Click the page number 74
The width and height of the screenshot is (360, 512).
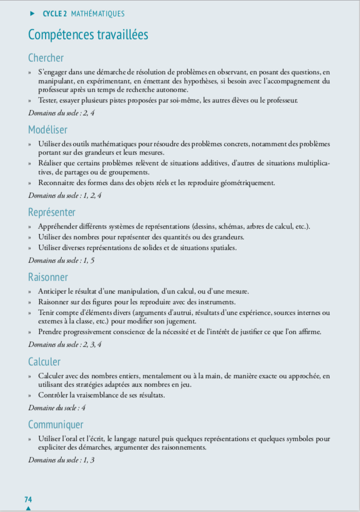point(28,499)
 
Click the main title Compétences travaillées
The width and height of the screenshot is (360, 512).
point(88,35)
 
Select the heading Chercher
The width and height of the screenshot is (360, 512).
point(46,58)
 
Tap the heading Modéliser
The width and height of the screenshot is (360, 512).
point(48,129)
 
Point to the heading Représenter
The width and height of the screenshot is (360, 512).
point(52,212)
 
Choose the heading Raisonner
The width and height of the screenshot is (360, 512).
point(48,277)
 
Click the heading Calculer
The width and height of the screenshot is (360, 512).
point(44,362)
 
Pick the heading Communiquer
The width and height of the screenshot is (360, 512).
point(56,425)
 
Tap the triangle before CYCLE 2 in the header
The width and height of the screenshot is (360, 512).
point(32,14)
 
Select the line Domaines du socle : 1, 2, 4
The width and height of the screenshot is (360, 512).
point(64,195)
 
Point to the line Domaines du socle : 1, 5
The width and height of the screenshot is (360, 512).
point(61,260)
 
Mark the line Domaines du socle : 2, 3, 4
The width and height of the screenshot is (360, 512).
point(64,344)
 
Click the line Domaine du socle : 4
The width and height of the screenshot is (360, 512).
point(57,408)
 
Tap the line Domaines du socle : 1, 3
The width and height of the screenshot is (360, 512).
point(61,460)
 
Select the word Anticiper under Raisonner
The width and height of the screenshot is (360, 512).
point(52,291)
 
